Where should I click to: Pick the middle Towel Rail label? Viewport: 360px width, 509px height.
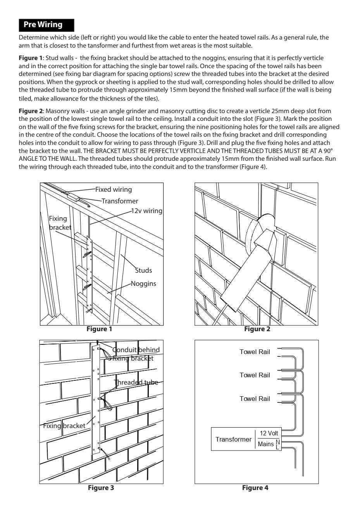click(254, 375)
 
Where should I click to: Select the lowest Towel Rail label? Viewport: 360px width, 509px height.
click(254, 399)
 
